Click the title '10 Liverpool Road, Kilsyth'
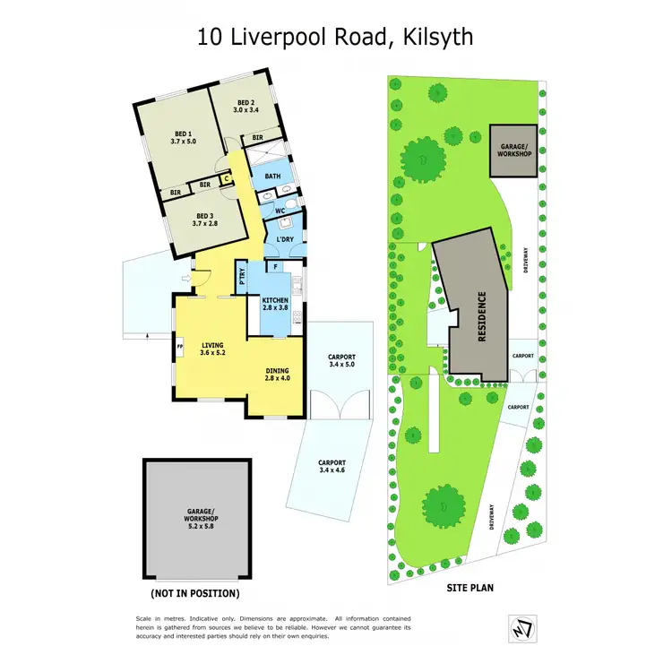coord(335,37)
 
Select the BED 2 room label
coord(246,106)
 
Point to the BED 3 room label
coord(205,219)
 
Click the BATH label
coord(273,177)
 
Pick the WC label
coord(280,211)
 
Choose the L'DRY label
coord(286,239)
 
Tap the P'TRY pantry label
coord(243,278)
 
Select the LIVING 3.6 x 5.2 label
coord(212,349)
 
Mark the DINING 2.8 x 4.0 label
coord(278,374)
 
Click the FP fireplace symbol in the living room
coord(180,346)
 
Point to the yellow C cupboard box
coord(228,177)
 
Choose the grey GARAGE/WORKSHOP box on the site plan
coord(512,151)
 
